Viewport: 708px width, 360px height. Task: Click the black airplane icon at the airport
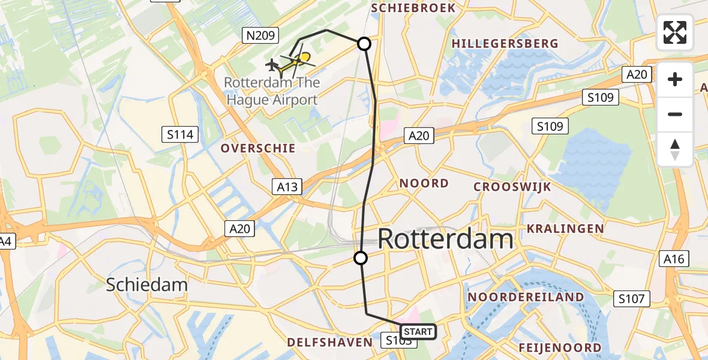[x=272, y=64]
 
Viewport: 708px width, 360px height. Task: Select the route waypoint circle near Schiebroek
[x=364, y=43]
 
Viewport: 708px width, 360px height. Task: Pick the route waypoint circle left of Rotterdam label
[x=360, y=258]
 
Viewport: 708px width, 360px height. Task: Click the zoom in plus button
[x=675, y=79]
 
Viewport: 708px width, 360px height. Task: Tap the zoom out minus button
[x=675, y=114]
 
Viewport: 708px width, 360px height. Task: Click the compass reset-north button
[x=675, y=149]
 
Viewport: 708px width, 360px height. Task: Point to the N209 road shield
[x=260, y=36]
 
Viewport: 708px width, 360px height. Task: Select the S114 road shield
[x=181, y=134]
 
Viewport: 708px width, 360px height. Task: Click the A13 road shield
[x=287, y=187]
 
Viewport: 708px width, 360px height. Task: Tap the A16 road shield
[x=674, y=259]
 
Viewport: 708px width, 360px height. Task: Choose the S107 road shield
[x=633, y=298]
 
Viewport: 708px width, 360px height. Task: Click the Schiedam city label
[x=147, y=284]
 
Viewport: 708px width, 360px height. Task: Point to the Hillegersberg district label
[x=505, y=44]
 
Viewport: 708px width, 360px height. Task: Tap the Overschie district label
[x=258, y=148]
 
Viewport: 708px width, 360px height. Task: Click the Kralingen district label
[x=565, y=229]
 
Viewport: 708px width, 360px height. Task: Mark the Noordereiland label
[x=526, y=297]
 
